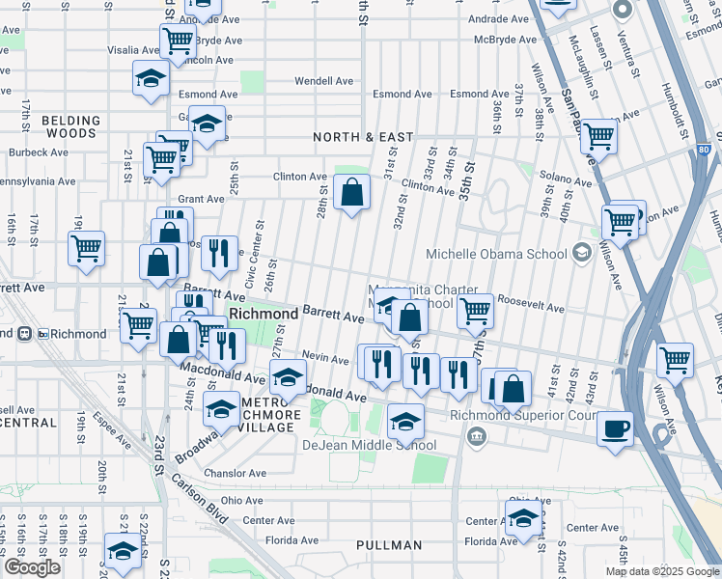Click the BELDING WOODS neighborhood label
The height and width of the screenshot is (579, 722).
coord(71,128)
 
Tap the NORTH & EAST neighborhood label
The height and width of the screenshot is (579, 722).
coord(363,138)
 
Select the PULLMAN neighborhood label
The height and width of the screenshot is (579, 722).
coord(389,545)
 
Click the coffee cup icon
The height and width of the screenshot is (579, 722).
coord(614,429)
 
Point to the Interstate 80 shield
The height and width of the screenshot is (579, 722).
coord(702,151)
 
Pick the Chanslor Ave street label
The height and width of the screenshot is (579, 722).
coord(235,473)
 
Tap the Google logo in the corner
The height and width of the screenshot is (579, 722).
coord(32,567)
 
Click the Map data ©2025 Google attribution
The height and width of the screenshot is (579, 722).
coord(662,571)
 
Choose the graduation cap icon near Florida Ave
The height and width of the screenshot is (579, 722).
coord(523,518)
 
